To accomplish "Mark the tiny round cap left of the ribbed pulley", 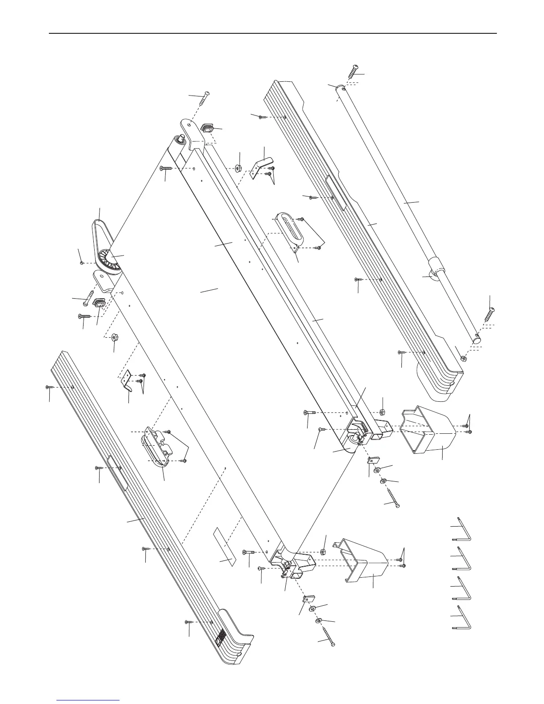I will (x=82, y=263).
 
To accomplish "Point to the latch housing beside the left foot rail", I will (x=155, y=448).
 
